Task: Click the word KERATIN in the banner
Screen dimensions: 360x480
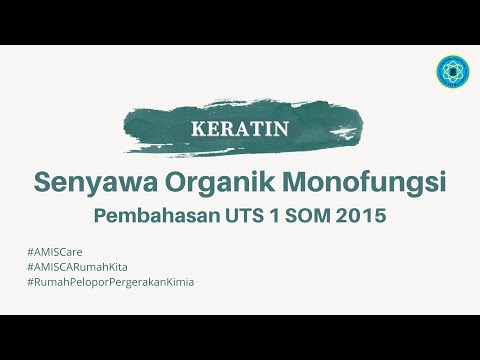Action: [239, 129]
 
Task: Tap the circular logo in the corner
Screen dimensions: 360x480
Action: [454, 71]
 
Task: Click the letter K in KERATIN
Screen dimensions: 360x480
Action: [196, 129]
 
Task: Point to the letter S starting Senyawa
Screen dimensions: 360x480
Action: [42, 184]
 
